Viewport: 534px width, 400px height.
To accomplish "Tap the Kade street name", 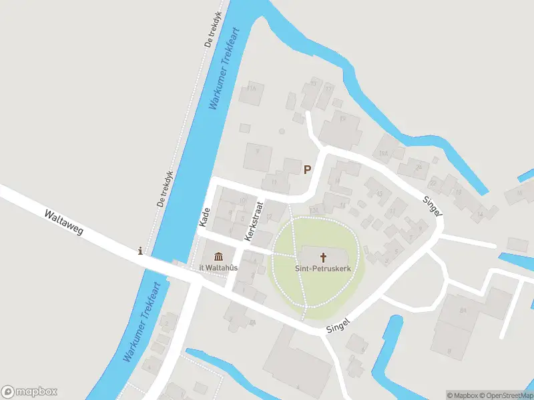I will pyautogui.click(x=205, y=217).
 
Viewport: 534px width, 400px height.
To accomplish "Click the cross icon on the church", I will pyautogui.click(x=324, y=257).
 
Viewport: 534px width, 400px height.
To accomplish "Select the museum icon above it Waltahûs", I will pyautogui.click(x=218, y=257).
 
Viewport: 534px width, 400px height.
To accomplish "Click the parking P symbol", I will pyautogui.click(x=307, y=169).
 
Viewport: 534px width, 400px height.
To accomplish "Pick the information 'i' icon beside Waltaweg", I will pyautogui.click(x=140, y=251).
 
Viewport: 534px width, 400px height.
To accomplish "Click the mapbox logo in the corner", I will pyautogui.click(x=29, y=392).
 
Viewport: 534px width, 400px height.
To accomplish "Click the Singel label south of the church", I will pyautogui.click(x=338, y=325).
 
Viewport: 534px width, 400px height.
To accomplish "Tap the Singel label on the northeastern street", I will pyautogui.click(x=433, y=207).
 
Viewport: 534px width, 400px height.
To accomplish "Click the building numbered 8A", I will pyautogui.click(x=463, y=310).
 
